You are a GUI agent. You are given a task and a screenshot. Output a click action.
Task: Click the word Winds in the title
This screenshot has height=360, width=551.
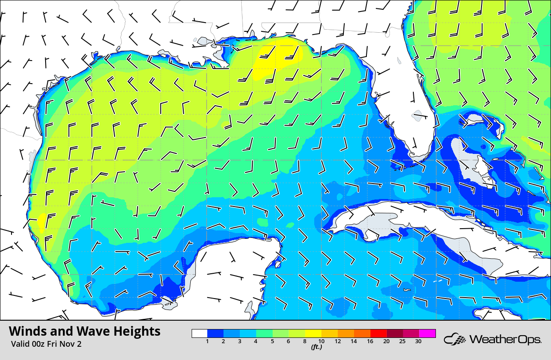(x=27, y=331)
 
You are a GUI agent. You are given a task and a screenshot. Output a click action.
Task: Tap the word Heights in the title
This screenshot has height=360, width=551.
(x=137, y=331)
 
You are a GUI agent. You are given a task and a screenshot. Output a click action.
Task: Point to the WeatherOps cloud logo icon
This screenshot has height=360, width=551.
(x=455, y=340)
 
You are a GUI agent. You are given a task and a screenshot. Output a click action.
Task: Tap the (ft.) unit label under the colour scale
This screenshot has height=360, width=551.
(x=316, y=347)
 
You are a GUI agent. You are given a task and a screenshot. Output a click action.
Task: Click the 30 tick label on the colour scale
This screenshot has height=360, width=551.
(x=418, y=341)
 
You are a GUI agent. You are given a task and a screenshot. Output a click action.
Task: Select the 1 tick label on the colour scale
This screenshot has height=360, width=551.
(x=208, y=341)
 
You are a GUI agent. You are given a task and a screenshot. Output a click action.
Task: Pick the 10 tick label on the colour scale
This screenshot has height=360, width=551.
(x=321, y=341)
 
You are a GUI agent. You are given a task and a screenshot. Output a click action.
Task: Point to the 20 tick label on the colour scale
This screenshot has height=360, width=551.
(x=386, y=341)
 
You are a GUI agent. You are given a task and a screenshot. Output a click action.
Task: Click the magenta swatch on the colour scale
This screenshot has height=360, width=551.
(x=428, y=333)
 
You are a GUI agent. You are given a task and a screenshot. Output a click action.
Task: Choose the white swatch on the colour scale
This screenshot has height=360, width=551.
(x=200, y=333)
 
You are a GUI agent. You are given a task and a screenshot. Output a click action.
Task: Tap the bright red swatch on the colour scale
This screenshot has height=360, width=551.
(x=379, y=333)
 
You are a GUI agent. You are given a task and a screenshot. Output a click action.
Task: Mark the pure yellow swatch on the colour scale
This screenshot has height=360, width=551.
(x=313, y=333)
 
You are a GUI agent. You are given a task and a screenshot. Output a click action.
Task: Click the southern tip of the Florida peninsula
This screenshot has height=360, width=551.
(x=418, y=157)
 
